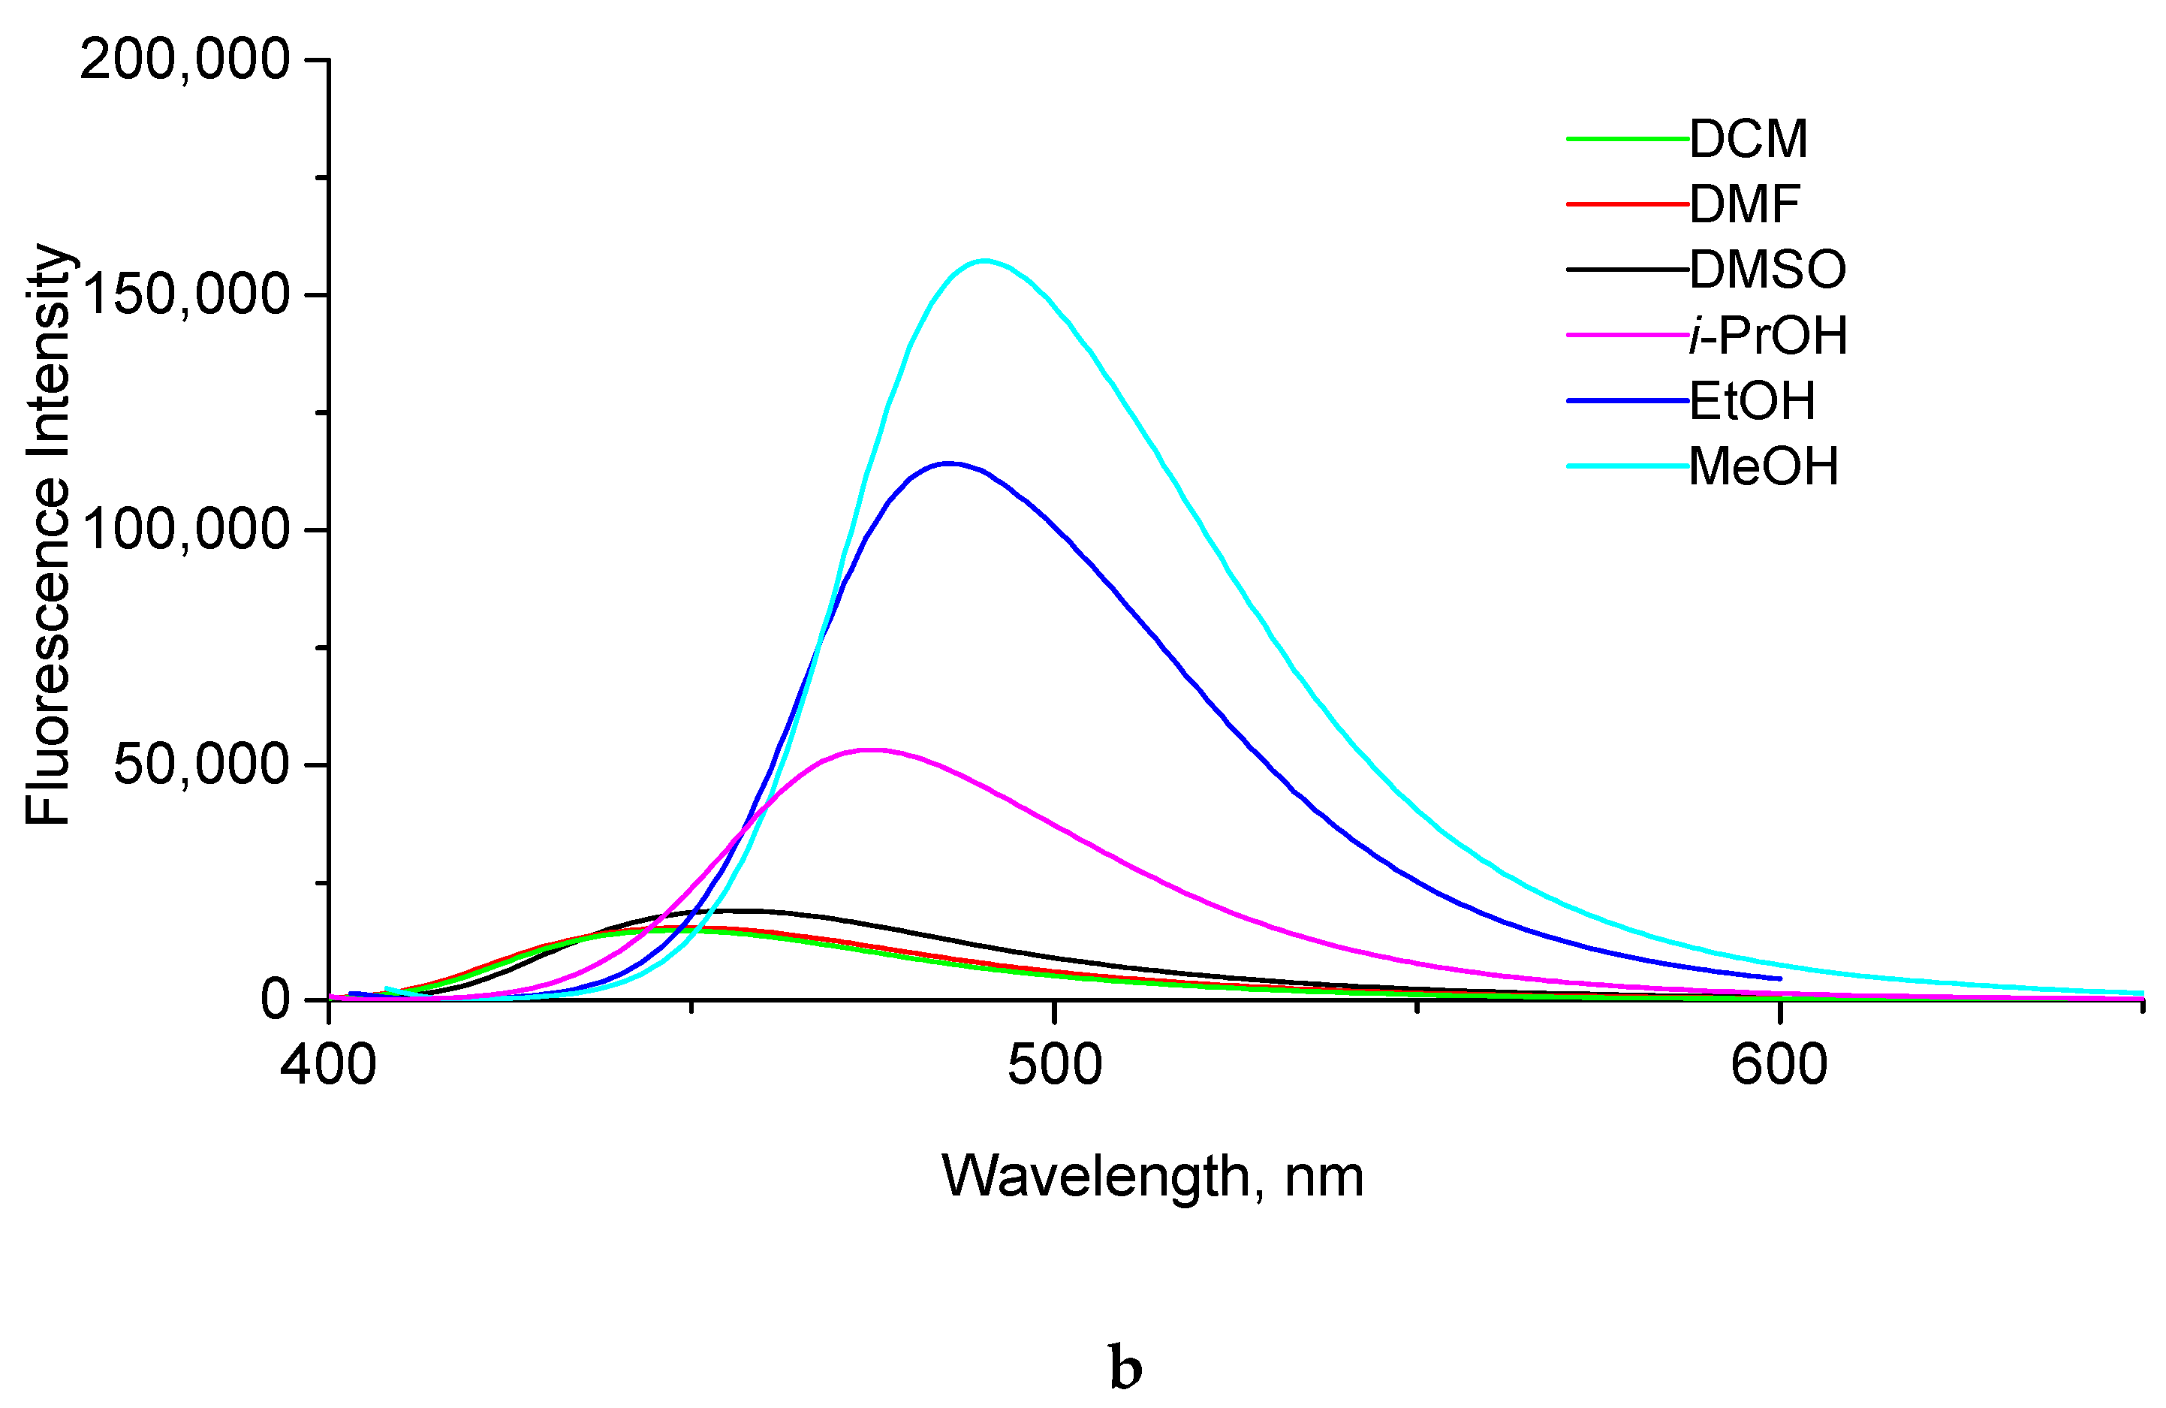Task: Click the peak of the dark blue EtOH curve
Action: point(948,463)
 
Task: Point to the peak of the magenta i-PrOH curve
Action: point(872,750)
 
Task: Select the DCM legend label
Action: point(1749,139)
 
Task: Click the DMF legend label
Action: point(1745,205)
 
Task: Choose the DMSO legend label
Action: point(1767,270)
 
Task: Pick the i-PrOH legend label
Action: point(1768,336)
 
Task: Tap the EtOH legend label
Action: point(1752,402)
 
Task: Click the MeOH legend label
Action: point(1764,467)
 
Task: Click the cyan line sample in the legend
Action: point(1627,467)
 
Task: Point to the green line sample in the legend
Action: point(1627,139)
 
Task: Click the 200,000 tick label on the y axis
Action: point(185,61)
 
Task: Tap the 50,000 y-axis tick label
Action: point(201,764)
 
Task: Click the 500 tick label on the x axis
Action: point(1055,1064)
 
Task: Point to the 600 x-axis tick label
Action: point(1779,1064)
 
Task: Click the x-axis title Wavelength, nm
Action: point(1152,1177)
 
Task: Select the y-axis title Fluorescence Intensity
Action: point(47,534)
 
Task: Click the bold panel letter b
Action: point(1125,1368)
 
